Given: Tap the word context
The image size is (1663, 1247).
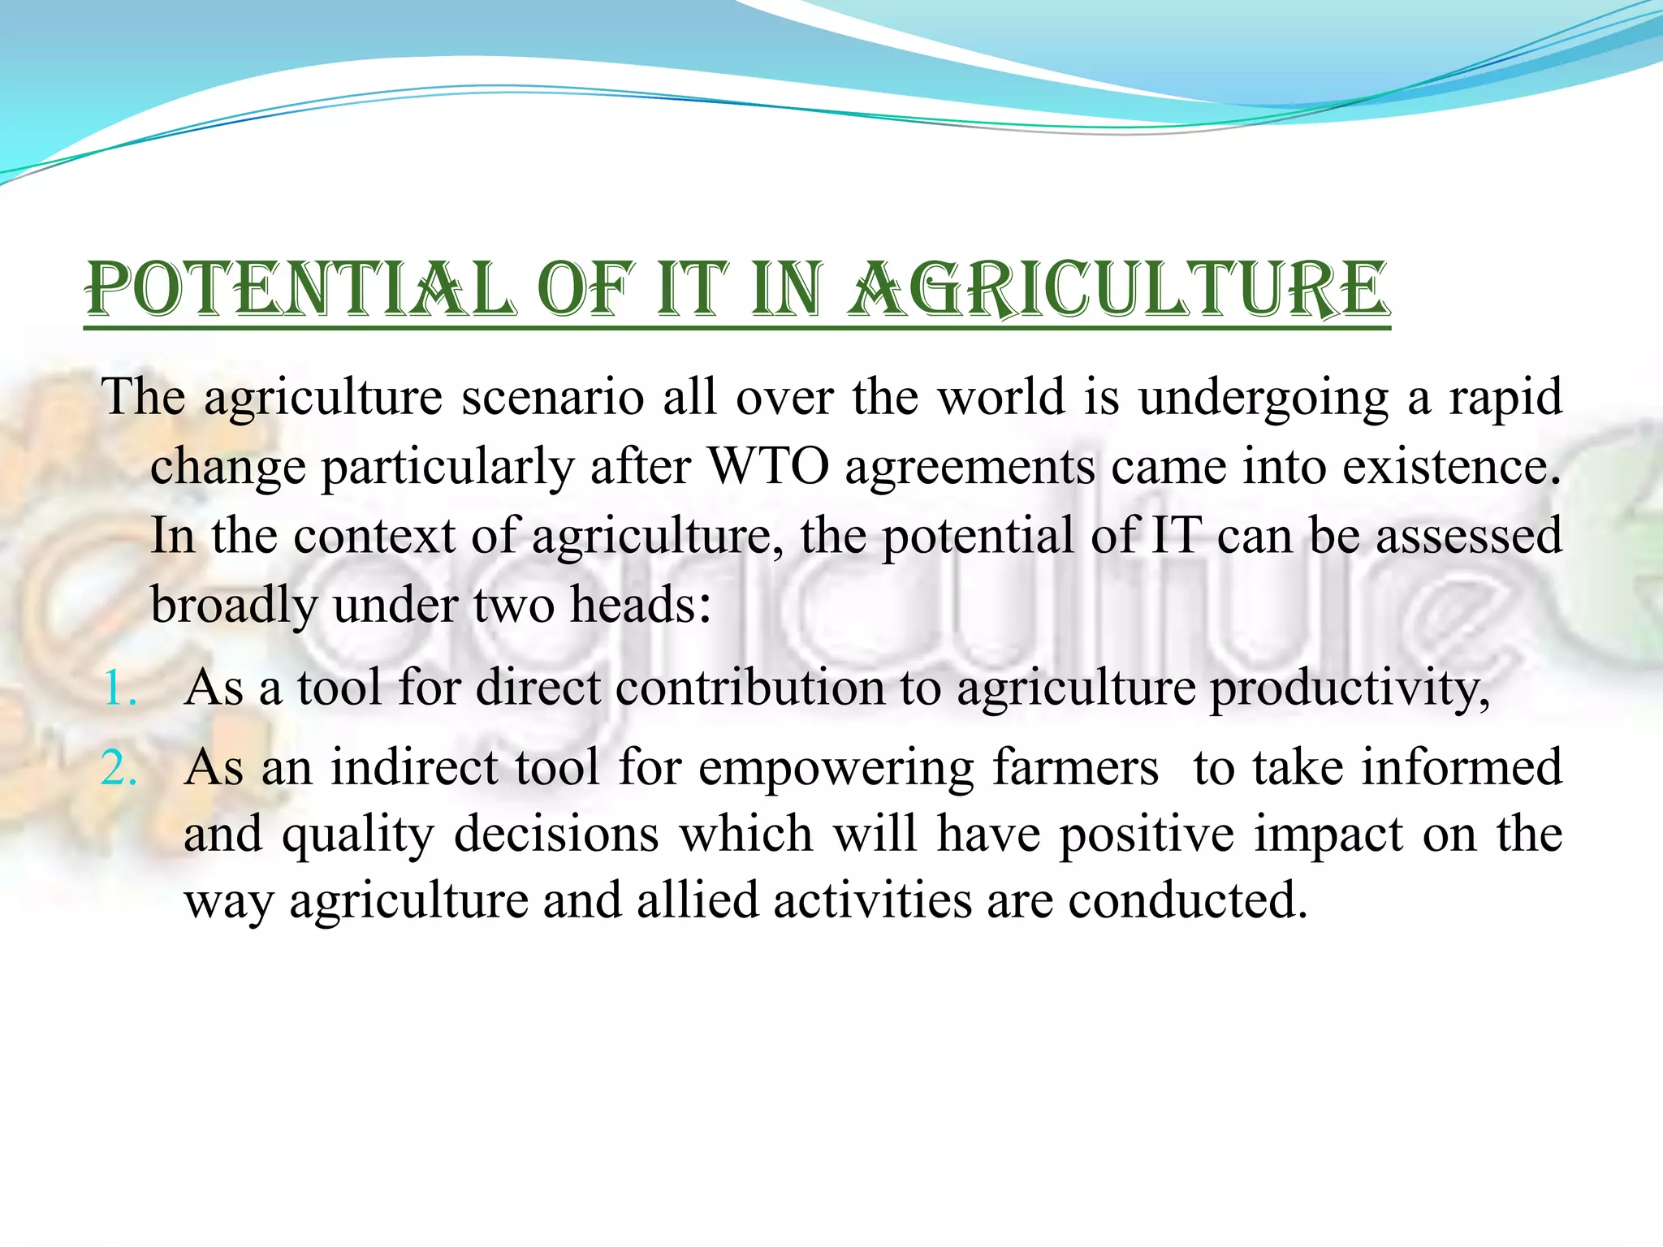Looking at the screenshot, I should (374, 537).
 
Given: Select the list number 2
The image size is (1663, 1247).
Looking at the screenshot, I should (119, 768).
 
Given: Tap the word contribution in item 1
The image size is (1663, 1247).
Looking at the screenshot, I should (749, 688).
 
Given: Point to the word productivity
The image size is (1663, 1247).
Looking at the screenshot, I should (1349, 688).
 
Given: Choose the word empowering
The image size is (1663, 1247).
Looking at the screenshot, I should (836, 768).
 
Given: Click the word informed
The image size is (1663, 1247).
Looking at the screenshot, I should (1462, 768).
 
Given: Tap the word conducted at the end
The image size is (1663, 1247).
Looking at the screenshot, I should (1187, 901).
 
